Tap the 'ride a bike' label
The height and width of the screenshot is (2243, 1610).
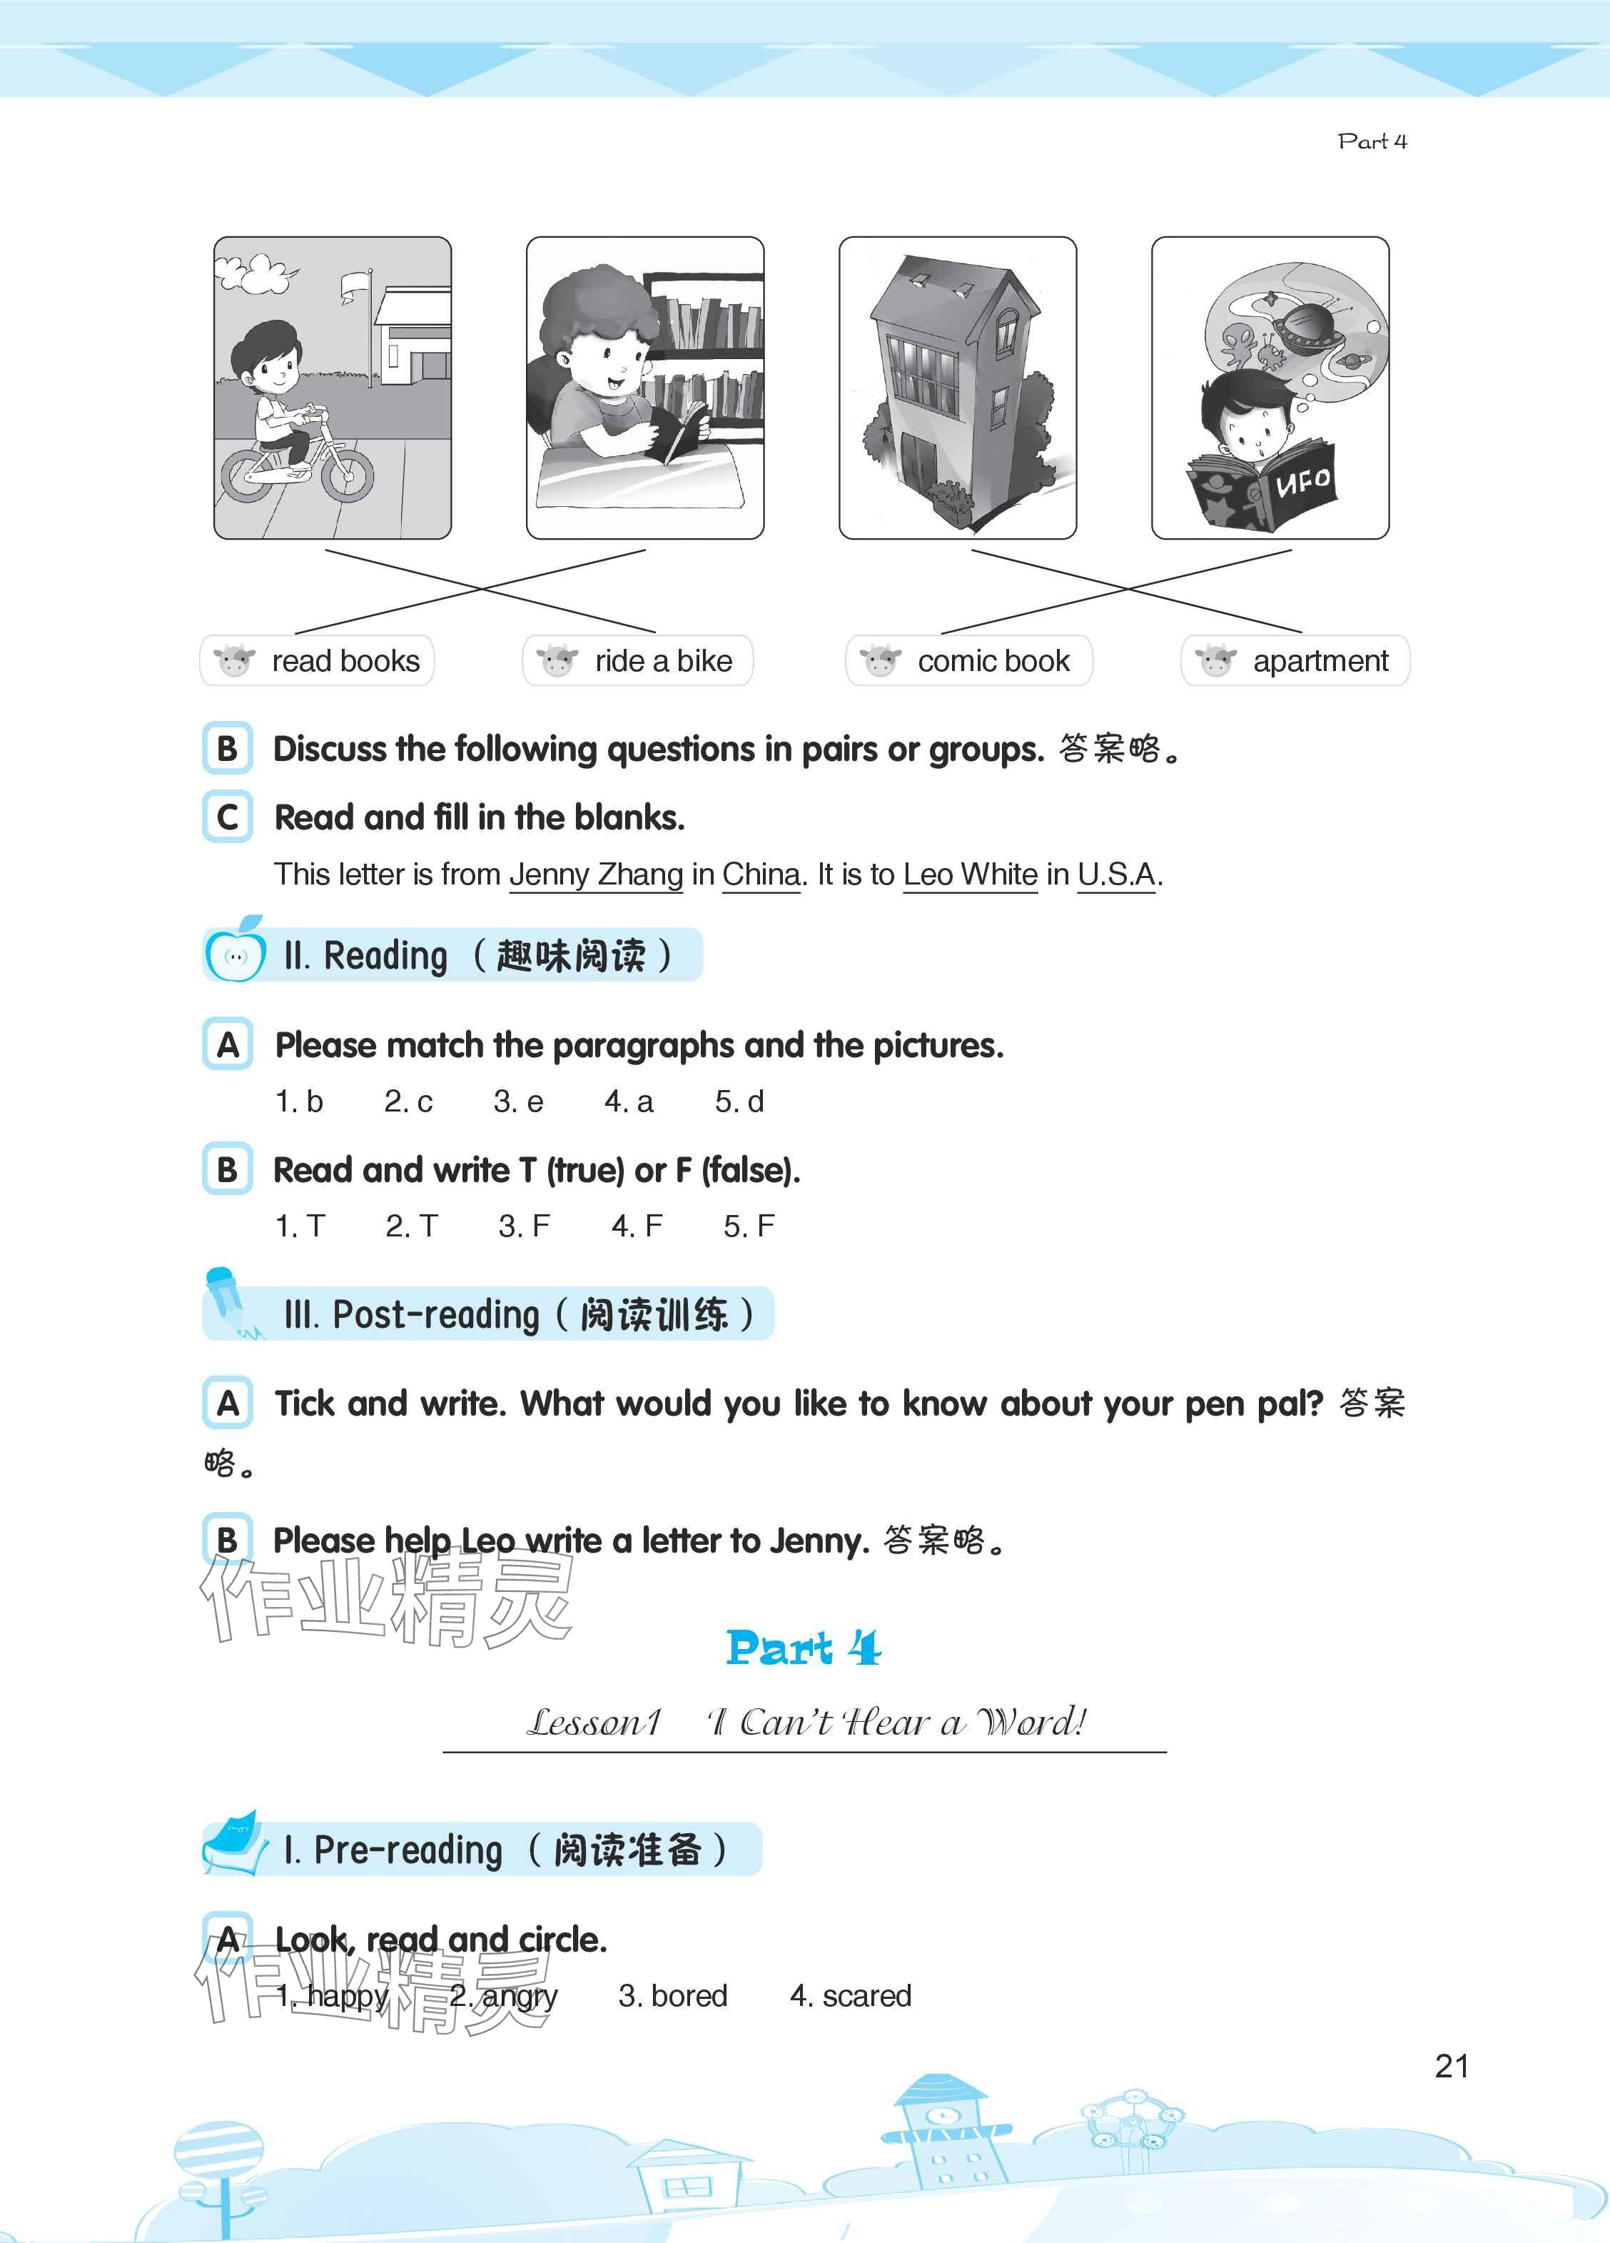[638, 660]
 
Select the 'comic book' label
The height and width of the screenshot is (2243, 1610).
[969, 660]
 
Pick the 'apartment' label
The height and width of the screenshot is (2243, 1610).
[1295, 660]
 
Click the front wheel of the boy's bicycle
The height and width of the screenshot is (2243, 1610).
[347, 473]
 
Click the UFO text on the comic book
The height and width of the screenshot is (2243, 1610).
[1303, 482]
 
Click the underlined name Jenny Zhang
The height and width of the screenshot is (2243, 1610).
[597, 874]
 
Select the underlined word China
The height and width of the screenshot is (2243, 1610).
[761, 874]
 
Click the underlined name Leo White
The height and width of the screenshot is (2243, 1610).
[970, 874]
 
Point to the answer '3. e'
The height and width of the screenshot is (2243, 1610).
[518, 1102]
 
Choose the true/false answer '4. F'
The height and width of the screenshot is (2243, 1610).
[637, 1226]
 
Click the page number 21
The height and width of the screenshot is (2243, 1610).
[1452, 2066]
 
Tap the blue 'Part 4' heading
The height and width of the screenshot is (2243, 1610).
[803, 1648]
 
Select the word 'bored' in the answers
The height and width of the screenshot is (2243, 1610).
[689, 1996]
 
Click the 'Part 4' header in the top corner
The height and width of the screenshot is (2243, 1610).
[1372, 141]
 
